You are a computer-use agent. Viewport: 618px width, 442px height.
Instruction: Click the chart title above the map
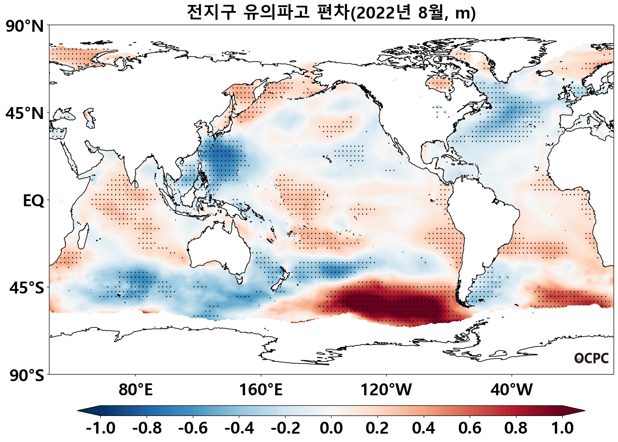(331, 12)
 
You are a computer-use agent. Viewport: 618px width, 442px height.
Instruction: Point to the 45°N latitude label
(25, 113)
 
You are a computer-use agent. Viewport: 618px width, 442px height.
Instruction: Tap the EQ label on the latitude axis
(34, 201)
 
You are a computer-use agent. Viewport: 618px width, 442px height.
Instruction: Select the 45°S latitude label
(26, 288)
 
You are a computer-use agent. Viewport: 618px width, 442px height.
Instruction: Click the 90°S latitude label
(26, 375)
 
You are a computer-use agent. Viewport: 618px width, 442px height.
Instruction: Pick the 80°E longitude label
(136, 390)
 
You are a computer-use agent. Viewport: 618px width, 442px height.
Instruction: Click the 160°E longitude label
(260, 390)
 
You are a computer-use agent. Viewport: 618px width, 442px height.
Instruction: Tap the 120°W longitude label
(386, 390)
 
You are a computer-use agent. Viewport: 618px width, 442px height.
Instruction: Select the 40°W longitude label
(512, 390)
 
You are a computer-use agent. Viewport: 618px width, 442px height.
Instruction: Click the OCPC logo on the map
(592, 358)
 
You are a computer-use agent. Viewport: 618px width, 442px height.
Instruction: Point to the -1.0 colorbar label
(101, 428)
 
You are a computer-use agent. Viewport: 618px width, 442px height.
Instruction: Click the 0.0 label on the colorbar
(331, 428)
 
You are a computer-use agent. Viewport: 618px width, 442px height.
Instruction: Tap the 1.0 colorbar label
(563, 428)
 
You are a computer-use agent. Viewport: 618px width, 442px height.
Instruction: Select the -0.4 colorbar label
(239, 428)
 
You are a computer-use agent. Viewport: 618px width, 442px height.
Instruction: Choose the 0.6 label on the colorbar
(470, 428)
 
